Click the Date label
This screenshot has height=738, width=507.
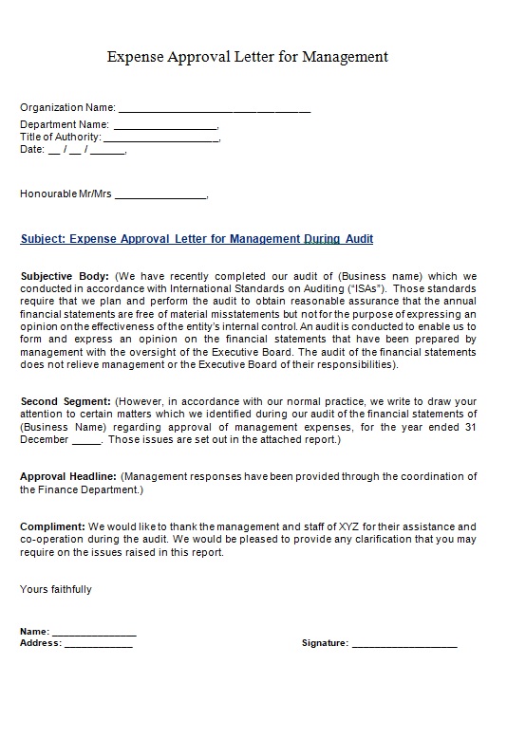point(31,149)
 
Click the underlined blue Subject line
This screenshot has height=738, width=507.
point(197,239)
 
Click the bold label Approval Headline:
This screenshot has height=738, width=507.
point(68,476)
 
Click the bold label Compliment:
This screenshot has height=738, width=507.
point(52,526)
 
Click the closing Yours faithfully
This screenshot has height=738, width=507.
point(56,589)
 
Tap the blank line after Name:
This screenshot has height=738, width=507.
point(94,633)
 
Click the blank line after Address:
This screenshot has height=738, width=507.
point(99,644)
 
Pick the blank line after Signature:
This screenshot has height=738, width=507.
point(404,644)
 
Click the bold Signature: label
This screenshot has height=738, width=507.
point(325,643)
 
